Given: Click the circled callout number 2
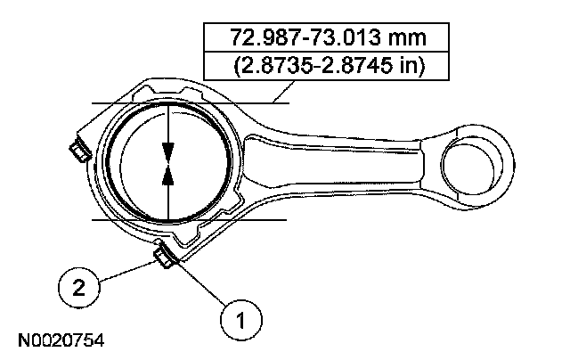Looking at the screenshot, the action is pos(79,287).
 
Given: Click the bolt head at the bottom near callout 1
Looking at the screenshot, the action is pos(165,258).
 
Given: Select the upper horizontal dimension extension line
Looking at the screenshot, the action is pos(187,104).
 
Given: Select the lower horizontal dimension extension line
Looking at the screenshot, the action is pos(187,218).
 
